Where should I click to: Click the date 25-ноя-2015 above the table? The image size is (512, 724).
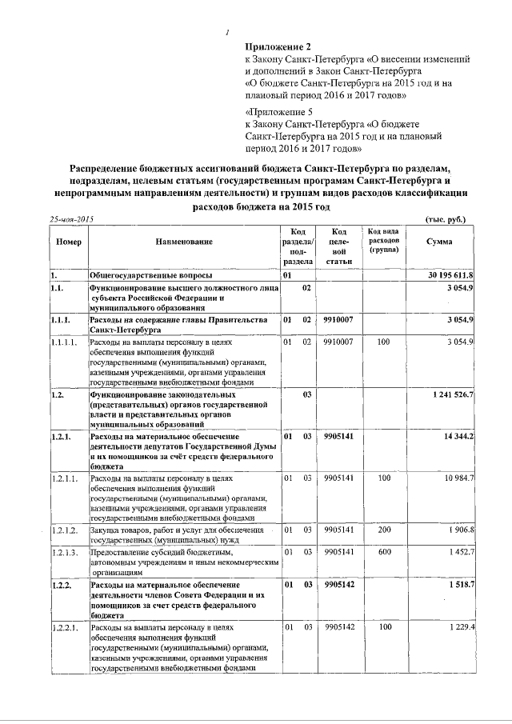point(72,219)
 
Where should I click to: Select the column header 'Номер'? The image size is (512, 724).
point(66,242)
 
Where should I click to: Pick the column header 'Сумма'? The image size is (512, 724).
point(439,242)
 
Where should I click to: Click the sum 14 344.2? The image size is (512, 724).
point(459,436)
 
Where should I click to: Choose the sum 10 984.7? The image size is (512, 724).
point(460,478)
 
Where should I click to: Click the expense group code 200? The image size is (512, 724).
point(384,530)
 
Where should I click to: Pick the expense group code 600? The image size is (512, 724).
point(384,553)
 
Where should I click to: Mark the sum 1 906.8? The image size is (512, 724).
point(462,530)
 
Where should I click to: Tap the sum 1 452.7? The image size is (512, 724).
point(462,553)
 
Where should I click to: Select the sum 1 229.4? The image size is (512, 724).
point(462,628)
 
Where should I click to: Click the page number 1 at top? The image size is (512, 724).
point(228,33)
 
